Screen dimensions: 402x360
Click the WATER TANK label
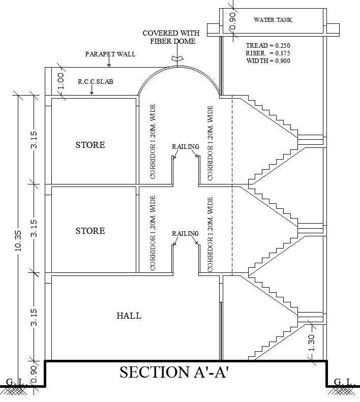click(273, 20)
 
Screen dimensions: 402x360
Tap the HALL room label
click(129, 316)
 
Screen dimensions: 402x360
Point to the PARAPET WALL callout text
click(110, 54)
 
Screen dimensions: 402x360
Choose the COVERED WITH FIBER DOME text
click(172, 37)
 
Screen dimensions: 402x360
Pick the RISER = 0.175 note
click(267, 53)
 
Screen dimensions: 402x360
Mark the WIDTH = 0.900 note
click(268, 61)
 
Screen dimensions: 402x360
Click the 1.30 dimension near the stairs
click(312, 343)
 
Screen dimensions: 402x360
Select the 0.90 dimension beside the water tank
click(233, 21)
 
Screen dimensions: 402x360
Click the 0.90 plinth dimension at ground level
click(34, 374)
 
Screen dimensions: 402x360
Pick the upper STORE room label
click(90, 145)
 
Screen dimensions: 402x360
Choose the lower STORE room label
click(90, 231)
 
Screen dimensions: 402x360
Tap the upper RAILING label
click(185, 147)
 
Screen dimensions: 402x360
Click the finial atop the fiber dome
click(176, 59)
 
